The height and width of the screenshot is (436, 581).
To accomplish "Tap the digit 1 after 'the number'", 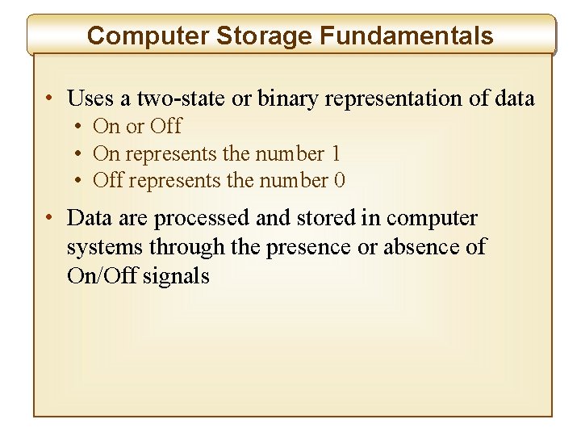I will pos(336,153).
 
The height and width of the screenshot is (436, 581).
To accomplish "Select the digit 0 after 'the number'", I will pos(340,180).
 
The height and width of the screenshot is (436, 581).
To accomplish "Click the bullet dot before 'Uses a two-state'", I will pos(50,99).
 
